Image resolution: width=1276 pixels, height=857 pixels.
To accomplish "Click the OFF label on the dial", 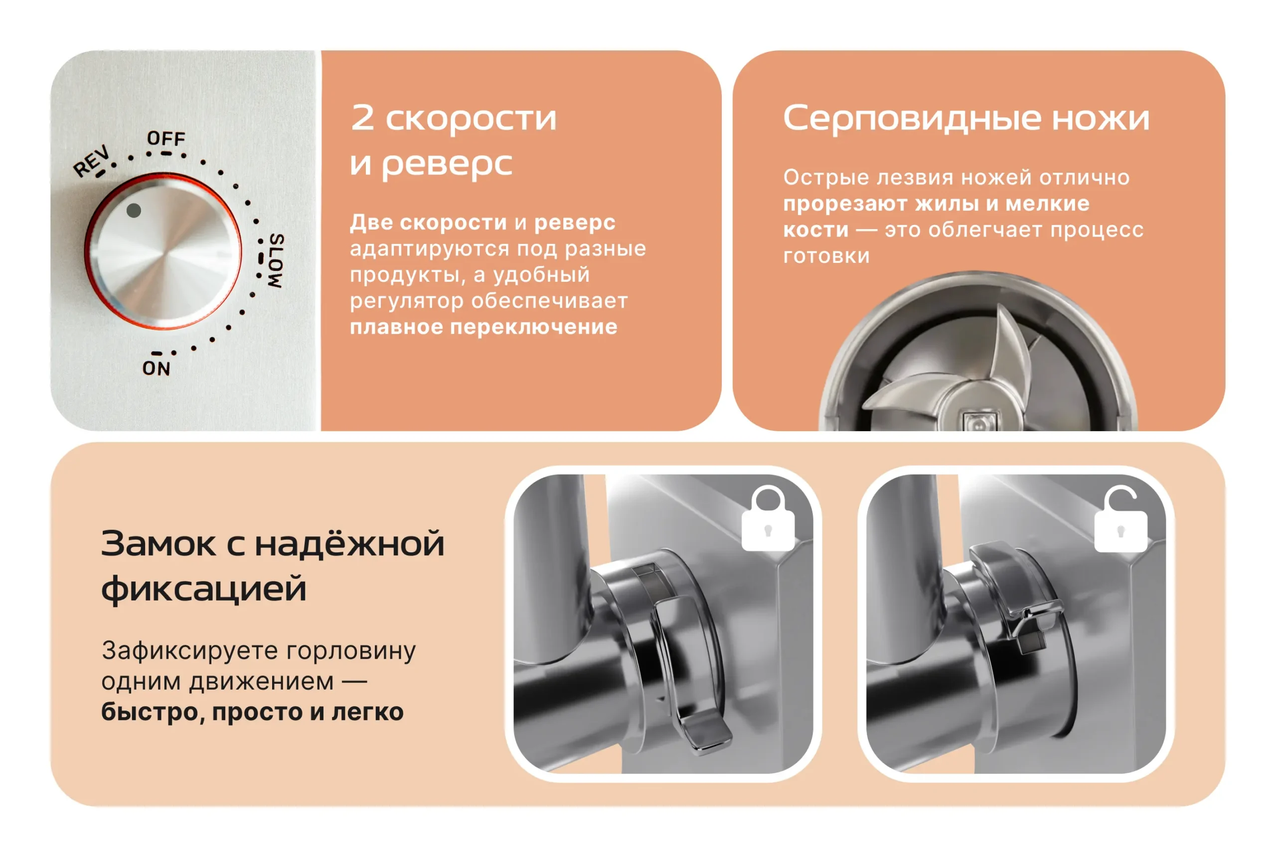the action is coord(166,138).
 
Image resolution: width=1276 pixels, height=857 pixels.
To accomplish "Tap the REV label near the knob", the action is coord(92,161).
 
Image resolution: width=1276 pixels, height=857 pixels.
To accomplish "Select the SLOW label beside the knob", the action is coord(276,261).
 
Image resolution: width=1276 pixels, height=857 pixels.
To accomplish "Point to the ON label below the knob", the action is coord(157,368).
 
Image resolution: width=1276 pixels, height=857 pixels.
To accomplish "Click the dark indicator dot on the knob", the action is coord(134,210).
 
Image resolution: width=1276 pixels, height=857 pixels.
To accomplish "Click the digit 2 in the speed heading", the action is coord(363,118).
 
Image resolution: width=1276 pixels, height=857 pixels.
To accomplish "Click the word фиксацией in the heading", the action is coord(204,589).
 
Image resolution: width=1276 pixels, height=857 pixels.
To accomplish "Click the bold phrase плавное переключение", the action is coord(483,327).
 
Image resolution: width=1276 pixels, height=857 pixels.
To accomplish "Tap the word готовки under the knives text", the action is coord(826,256).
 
